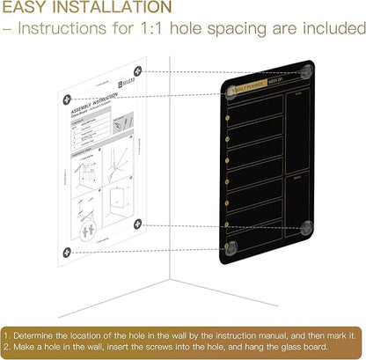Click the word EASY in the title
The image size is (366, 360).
point(28,11)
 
